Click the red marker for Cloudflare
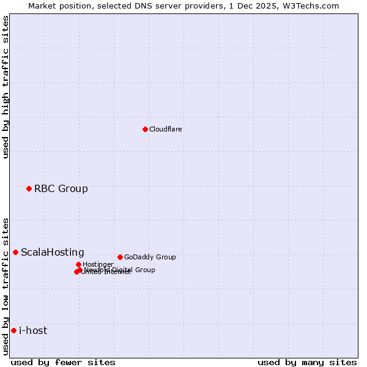pos(145,129)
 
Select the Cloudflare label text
pos(166,129)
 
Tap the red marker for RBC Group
pos(29,188)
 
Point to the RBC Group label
pos(61,188)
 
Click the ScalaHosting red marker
pos(15,252)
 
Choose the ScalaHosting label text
pos(53,252)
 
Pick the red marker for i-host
pos(13,330)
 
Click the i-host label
pos(33,330)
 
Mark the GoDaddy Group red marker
pos(120,257)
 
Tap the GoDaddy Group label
pos(150,257)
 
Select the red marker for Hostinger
pos(78,264)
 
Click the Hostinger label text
pos(98,264)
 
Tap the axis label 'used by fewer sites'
pos(63,362)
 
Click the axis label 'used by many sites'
pos(307,362)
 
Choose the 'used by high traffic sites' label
pos(6,87)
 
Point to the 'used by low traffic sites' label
pos(6,286)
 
